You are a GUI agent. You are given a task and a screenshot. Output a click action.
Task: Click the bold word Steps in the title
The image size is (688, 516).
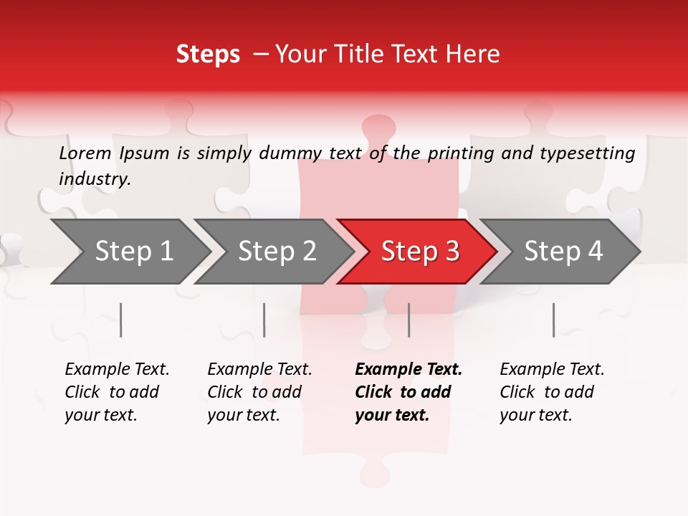click(208, 54)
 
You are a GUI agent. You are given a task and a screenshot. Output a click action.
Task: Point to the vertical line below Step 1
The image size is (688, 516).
click(121, 320)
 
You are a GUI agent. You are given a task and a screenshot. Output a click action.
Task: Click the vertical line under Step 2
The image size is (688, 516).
click(264, 320)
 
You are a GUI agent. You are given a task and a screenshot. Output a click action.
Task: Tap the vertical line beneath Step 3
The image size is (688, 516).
click(408, 320)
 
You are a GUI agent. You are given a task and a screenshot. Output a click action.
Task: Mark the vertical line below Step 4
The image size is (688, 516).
click(553, 320)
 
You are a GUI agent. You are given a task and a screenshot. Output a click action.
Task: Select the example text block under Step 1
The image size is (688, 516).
click(117, 392)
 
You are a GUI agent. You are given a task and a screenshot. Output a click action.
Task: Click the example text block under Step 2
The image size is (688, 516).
click(259, 392)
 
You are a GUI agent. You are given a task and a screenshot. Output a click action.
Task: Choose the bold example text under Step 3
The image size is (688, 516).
click(408, 392)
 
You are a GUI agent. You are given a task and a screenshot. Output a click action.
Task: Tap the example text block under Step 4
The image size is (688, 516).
click(552, 392)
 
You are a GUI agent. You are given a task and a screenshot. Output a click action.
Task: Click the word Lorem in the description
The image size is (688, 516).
click(85, 153)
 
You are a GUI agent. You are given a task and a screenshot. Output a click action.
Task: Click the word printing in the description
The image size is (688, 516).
click(459, 153)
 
